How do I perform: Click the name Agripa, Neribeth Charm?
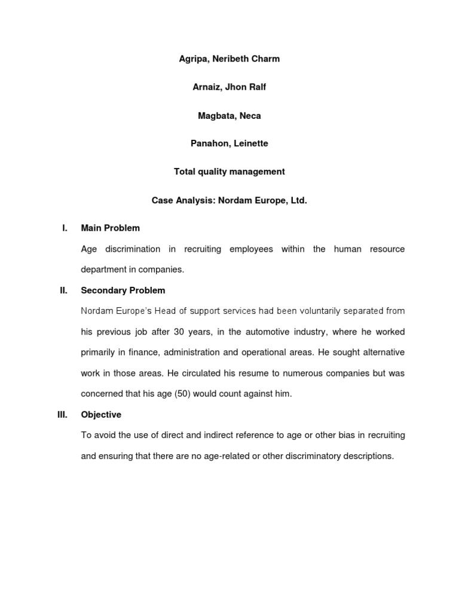coord(229,59)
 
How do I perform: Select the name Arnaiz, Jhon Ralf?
coord(229,87)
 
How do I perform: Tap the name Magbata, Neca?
coord(229,116)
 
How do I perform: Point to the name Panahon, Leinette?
coord(229,143)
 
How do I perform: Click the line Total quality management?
coord(229,172)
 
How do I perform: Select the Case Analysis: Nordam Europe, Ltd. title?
coord(229,201)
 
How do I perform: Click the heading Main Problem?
coord(111,228)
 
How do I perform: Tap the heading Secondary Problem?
coord(123,290)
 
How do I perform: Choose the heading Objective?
coord(101,415)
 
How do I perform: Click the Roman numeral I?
coord(64,228)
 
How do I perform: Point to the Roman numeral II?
coord(63,290)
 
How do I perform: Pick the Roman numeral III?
coord(63,415)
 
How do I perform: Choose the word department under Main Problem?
coord(103,270)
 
